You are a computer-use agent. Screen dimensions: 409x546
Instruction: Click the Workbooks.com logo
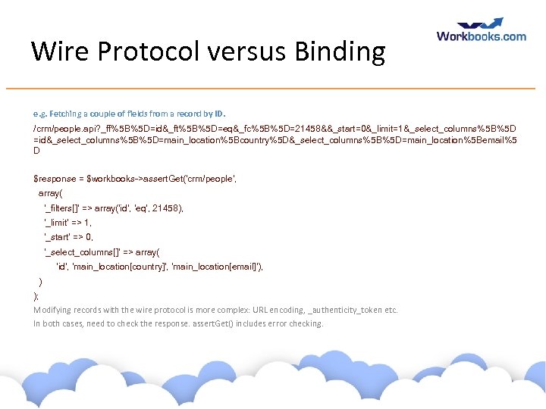(481, 36)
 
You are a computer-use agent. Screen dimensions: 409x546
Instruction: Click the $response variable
(55, 179)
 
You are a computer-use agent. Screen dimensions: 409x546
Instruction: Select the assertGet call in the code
(174, 179)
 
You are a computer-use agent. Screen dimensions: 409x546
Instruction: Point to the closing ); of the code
(36, 295)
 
